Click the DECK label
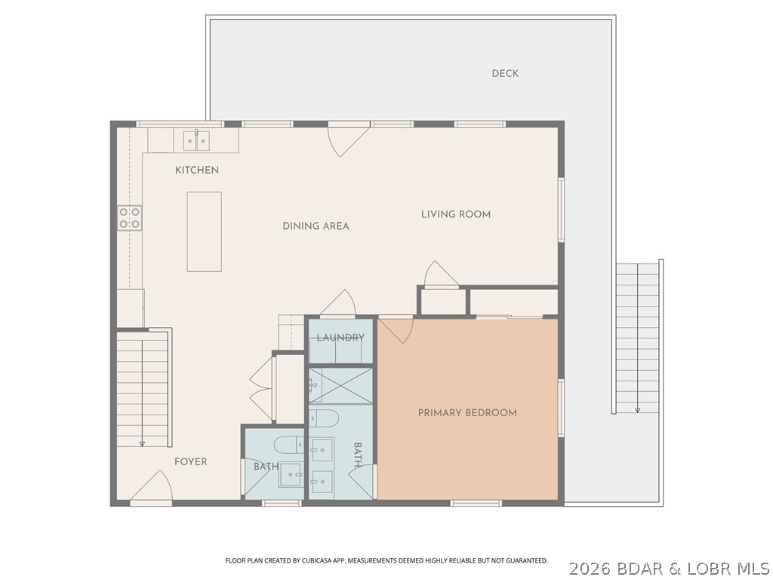[x=505, y=73]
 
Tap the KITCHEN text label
[x=197, y=170]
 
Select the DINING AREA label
[x=316, y=226]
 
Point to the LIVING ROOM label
[x=455, y=214]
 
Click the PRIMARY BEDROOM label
[x=467, y=413]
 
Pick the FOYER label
[x=190, y=461]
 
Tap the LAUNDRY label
[x=340, y=338]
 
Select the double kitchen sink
[x=197, y=140]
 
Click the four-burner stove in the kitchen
[x=129, y=217]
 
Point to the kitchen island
[x=205, y=231]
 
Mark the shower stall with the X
[x=340, y=385]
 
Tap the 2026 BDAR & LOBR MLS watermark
[x=669, y=567]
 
